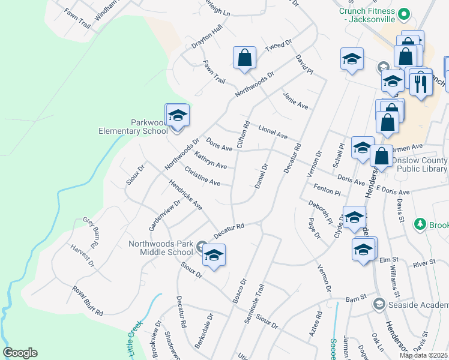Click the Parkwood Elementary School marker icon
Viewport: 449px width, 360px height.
coord(178,115)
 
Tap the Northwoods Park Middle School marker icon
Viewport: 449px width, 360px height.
coord(214,256)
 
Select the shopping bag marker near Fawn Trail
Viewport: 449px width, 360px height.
coord(245,58)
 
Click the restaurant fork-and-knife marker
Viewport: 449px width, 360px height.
coord(421,83)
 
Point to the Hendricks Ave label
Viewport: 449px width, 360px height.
coord(185,196)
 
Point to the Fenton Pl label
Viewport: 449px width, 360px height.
coord(327,190)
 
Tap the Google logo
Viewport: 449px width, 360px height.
coord(20,353)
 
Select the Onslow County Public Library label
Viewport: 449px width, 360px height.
coord(418,165)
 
